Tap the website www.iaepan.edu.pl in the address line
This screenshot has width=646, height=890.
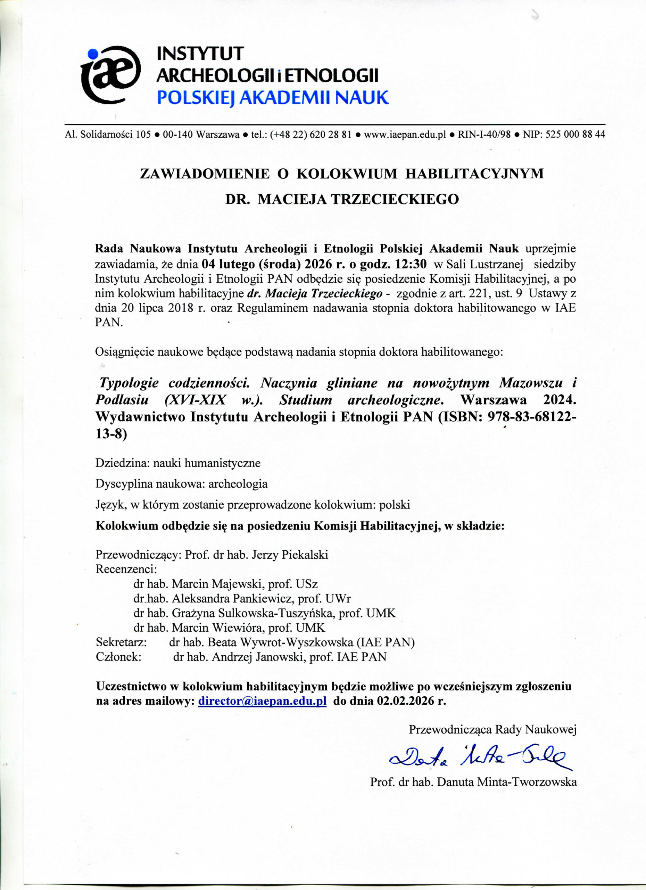405,135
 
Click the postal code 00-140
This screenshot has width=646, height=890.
177,135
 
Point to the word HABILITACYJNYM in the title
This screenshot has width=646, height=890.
474,173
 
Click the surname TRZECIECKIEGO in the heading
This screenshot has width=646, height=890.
395,199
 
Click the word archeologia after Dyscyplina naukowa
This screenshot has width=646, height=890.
238,484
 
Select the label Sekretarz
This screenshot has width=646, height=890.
121,642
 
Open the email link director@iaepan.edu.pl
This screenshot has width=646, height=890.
262,701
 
